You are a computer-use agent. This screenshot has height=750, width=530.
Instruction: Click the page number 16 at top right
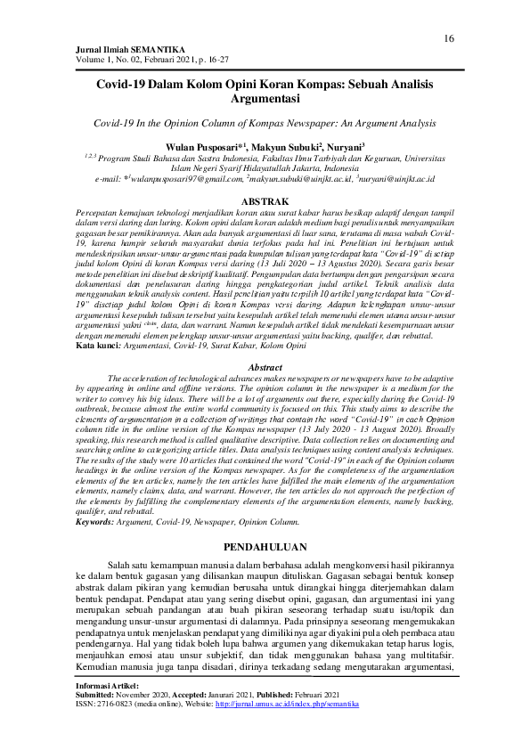point(449,38)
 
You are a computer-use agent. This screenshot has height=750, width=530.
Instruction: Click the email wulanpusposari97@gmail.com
point(179,178)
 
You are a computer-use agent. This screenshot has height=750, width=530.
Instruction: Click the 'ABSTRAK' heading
point(265,203)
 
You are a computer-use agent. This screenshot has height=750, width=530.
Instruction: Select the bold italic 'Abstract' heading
point(265,368)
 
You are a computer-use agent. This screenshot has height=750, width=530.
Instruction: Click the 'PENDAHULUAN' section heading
point(265,546)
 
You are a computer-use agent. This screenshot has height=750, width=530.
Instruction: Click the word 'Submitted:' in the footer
point(99,695)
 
